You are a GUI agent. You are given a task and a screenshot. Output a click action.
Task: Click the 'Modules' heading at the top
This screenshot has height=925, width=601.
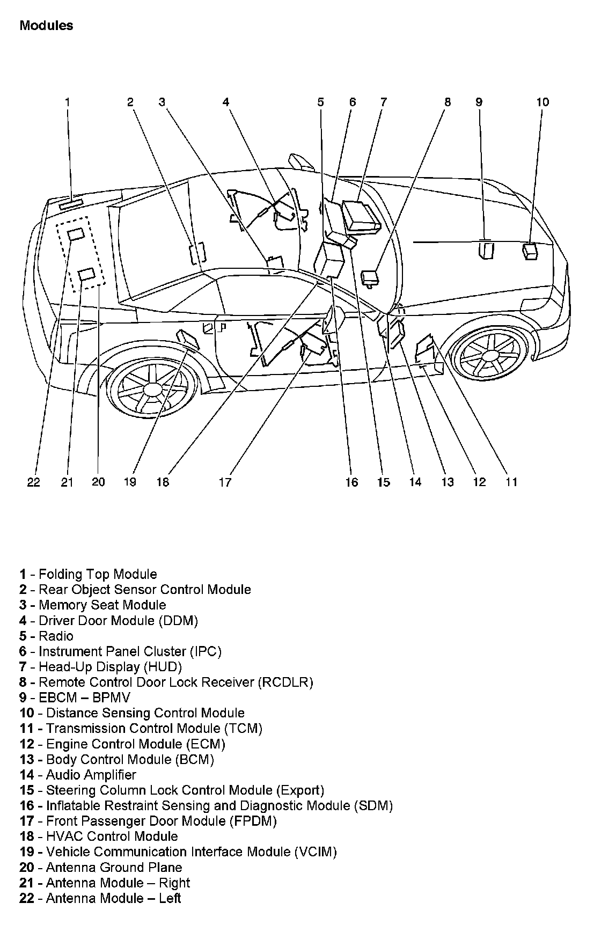(x=46, y=25)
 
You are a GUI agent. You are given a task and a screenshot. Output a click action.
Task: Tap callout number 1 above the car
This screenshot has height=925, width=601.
(x=68, y=102)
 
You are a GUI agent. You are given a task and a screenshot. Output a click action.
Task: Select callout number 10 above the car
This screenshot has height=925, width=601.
(x=543, y=102)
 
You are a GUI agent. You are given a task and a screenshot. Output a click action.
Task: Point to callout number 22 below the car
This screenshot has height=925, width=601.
(x=33, y=482)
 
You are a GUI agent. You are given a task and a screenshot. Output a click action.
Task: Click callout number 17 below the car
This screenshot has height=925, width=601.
(x=225, y=482)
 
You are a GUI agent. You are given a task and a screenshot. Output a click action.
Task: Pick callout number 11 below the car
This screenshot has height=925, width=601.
(x=511, y=482)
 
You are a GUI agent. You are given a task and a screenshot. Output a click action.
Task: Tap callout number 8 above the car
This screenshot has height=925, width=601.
(x=448, y=102)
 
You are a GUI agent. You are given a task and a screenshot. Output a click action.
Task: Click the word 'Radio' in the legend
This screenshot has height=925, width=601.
(x=56, y=636)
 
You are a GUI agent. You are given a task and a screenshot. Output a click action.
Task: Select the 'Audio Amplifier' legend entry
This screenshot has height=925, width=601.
(x=91, y=775)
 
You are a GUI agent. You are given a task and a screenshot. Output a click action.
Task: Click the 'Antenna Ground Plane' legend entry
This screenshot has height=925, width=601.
(x=114, y=868)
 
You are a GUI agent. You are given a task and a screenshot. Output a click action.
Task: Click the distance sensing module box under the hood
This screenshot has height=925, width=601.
(x=530, y=251)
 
